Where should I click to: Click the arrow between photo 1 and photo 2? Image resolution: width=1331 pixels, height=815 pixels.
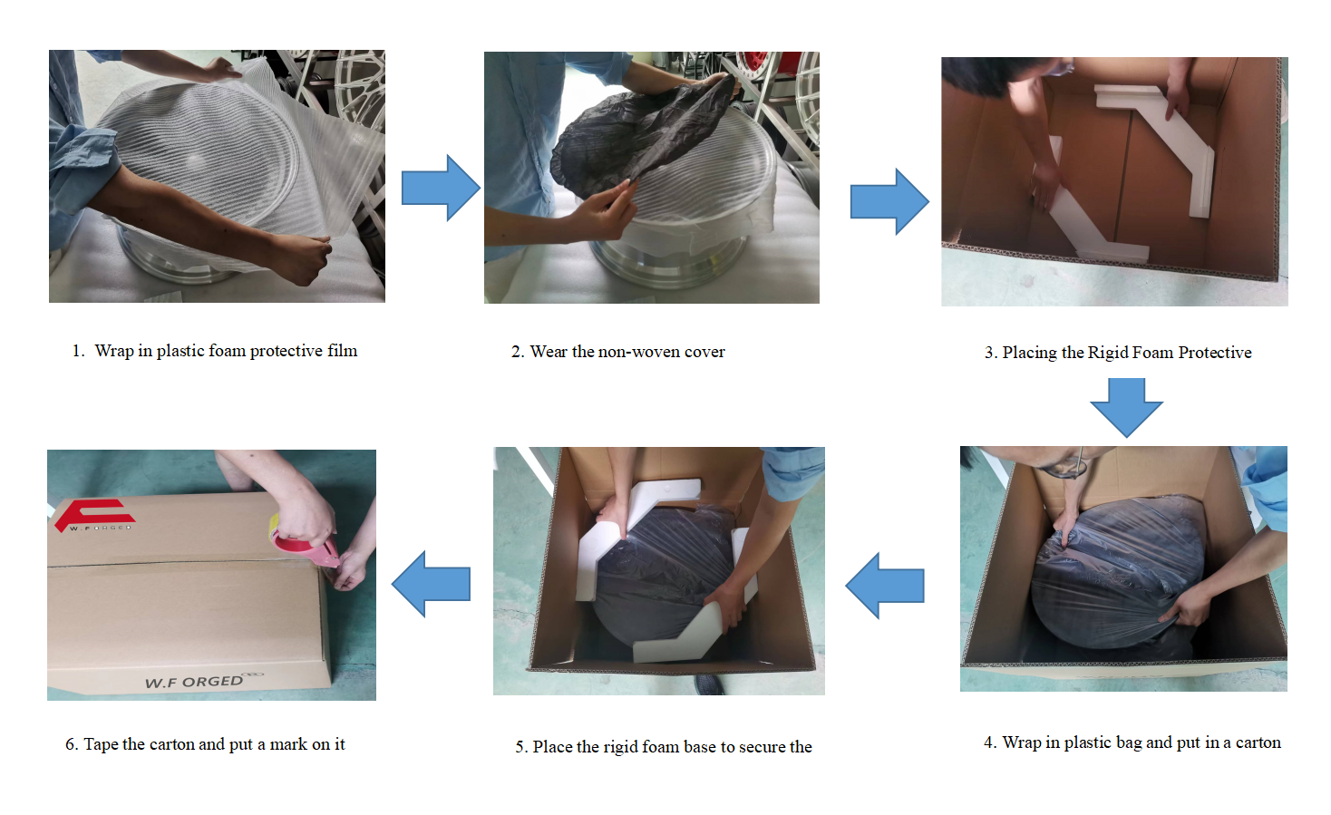(x=441, y=188)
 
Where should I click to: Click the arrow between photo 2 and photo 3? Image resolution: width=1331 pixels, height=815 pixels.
(x=889, y=201)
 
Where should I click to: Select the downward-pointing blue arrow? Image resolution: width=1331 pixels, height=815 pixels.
(x=1126, y=408)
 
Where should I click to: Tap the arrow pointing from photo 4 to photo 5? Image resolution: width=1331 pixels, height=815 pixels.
(x=885, y=586)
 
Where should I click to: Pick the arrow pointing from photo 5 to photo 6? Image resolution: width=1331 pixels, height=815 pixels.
(x=431, y=584)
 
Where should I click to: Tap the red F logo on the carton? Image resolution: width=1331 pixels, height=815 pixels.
(x=94, y=515)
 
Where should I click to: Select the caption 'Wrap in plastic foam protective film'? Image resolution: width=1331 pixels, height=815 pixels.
(x=226, y=351)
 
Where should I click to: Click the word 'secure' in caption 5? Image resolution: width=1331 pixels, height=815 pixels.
(x=763, y=747)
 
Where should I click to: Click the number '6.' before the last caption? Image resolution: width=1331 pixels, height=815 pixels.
(x=72, y=744)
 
